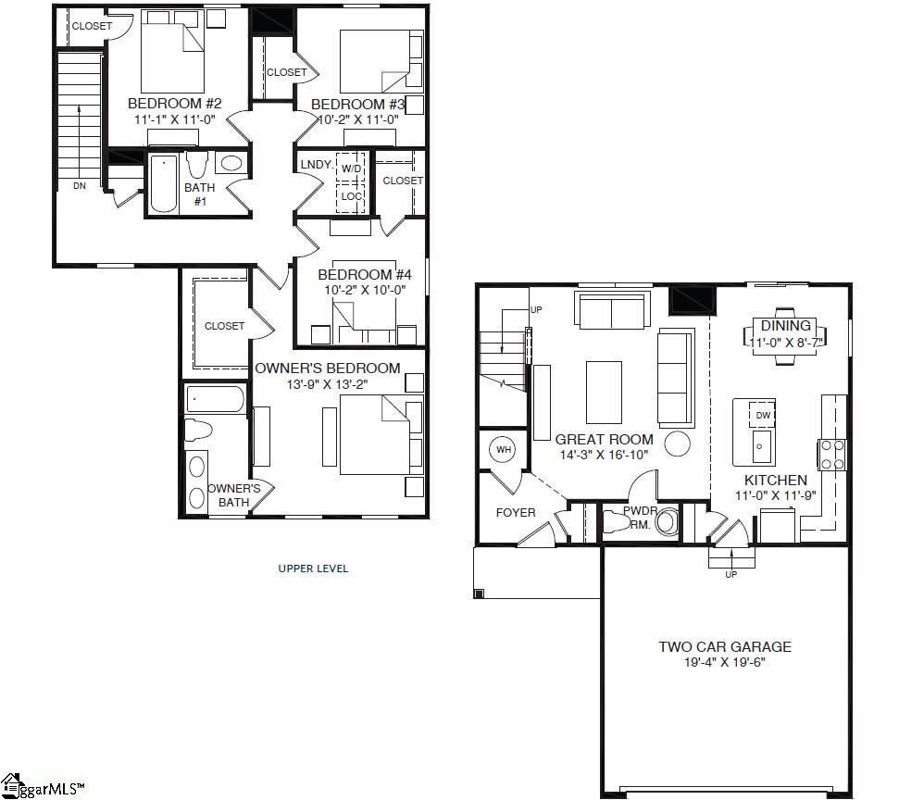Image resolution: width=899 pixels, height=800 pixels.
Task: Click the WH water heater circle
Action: click(504, 450)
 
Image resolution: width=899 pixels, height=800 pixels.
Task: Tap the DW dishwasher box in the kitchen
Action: click(762, 415)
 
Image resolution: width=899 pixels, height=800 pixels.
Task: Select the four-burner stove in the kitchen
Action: click(831, 453)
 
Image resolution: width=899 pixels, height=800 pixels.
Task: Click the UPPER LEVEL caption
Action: click(314, 569)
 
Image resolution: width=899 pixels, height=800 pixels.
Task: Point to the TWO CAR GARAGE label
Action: click(725, 647)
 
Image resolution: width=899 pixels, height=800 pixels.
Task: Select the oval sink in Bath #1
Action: click(231, 165)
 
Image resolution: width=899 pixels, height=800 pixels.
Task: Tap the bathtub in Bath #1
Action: click(164, 184)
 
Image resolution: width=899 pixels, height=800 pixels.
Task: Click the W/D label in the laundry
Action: click(351, 169)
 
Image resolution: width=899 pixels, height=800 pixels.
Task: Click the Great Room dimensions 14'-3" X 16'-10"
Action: click(604, 455)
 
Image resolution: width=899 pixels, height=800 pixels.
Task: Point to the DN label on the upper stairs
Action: click(79, 186)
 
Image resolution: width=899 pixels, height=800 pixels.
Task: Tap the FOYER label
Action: click(516, 512)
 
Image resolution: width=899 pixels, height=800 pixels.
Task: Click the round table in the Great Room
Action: click(678, 444)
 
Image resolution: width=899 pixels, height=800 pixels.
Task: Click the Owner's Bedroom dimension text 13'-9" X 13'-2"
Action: click(328, 384)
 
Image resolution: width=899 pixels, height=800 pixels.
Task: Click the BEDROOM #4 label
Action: click(358, 275)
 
